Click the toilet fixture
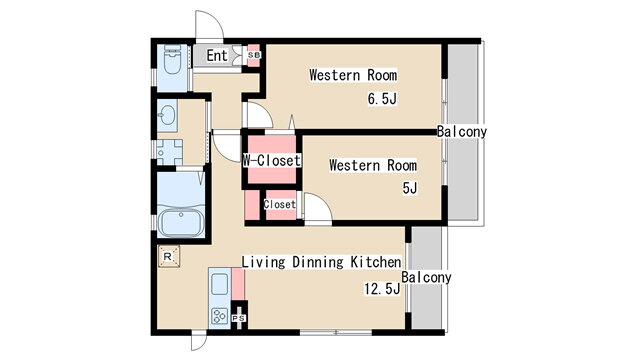coord(172,60)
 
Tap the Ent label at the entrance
coord(217,56)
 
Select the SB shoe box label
coord(254,55)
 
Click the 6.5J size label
coord(382,99)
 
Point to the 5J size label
coord(410,188)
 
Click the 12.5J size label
coord(382,289)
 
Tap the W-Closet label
coord(272,160)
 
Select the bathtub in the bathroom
coord(181,223)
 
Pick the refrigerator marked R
coord(169,257)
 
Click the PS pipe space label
coord(239,318)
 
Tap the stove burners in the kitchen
coord(220,316)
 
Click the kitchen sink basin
coord(220,284)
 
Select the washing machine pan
coord(169,153)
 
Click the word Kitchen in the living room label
coord(376,262)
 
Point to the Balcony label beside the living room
coord(426,277)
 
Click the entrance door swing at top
coord(209,25)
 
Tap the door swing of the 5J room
coord(318,208)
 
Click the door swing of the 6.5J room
coord(260,115)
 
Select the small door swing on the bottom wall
coord(199,342)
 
